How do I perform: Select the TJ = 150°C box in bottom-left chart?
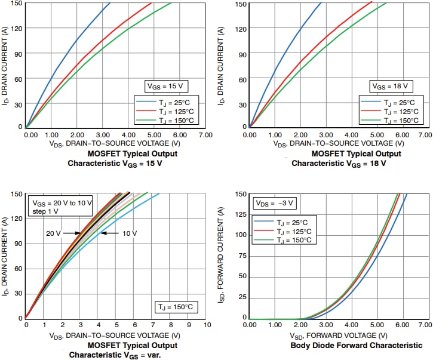(x=177, y=306)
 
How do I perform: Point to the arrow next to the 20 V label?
(x=72, y=233)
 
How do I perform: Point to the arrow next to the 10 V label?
(x=109, y=233)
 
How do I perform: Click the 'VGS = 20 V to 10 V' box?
(x=62, y=207)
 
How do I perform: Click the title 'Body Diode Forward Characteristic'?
(x=356, y=346)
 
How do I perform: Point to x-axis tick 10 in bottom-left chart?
(x=207, y=325)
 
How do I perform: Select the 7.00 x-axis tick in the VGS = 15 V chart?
(x=205, y=135)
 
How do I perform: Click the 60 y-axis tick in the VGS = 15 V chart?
(x=16, y=78)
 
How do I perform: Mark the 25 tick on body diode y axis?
(x=242, y=297)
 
